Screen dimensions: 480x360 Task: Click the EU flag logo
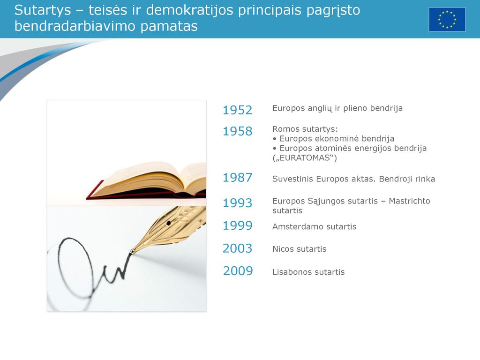[447, 20]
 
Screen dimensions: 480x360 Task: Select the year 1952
[237, 110]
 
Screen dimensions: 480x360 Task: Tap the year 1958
[237, 131]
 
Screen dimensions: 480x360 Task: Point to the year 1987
[237, 178]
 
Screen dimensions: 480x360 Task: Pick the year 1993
[237, 203]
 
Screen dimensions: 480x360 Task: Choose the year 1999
[237, 225]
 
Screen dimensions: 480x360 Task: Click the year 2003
[237, 248]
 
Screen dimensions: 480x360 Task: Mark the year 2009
[238, 271]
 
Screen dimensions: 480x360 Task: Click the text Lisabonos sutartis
[308, 272]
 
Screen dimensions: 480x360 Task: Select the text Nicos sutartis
[299, 249]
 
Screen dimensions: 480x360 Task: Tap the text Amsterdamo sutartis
[314, 226]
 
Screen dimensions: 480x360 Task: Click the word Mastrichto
[409, 201]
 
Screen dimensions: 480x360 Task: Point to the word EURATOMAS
[305, 158]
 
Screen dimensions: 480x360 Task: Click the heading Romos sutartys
[305, 129]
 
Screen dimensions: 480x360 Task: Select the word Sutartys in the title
[43, 10]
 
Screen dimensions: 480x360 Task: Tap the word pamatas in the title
[169, 26]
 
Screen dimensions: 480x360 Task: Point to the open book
[146, 180]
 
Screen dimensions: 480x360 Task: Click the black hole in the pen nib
[168, 223]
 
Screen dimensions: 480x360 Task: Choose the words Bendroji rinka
[407, 179]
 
